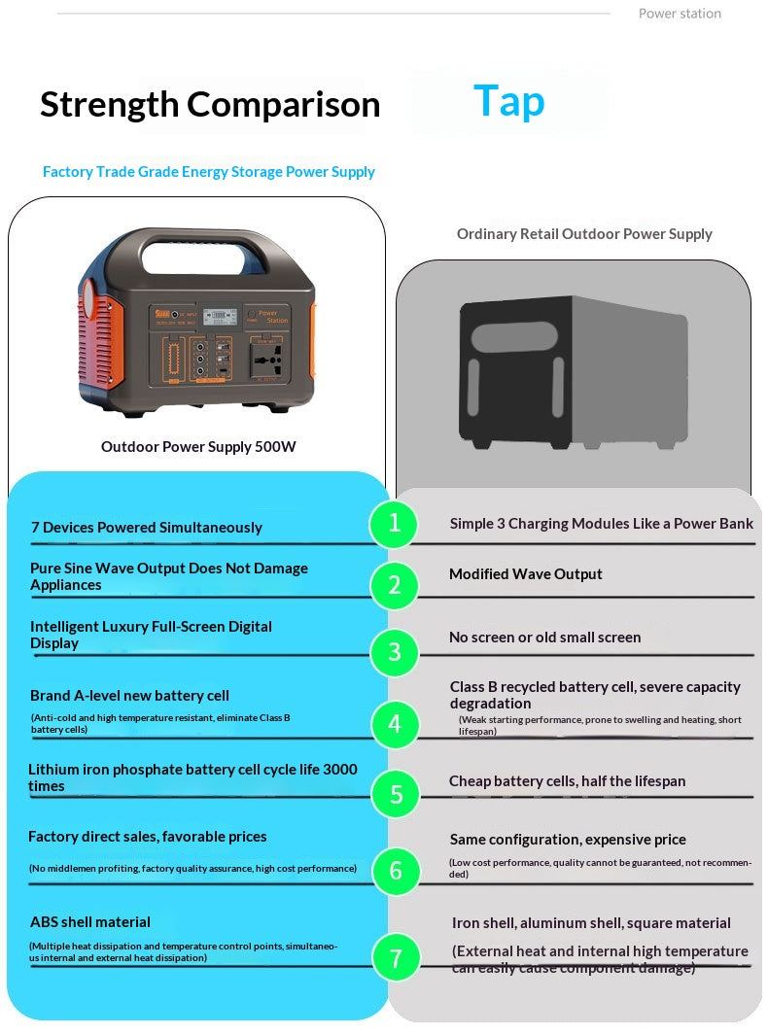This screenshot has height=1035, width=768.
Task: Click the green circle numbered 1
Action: coord(394,524)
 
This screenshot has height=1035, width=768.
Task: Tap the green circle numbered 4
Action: coord(394,724)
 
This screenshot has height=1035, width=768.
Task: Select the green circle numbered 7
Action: coord(396,958)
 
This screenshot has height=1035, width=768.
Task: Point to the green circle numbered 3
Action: coord(394,651)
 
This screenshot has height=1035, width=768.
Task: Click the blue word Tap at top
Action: coord(508,101)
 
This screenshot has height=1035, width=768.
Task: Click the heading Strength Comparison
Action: coord(210,104)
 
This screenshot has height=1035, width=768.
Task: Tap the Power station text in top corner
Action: coord(680,14)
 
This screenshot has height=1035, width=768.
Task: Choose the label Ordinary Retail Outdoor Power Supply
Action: coord(584,234)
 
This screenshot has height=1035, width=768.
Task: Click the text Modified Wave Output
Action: coord(525,574)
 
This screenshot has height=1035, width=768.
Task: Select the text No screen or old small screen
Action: coord(544,638)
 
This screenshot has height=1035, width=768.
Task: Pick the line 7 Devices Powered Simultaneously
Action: coord(146,528)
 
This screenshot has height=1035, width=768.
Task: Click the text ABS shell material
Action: coord(90,922)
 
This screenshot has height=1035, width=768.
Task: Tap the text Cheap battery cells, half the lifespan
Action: coord(568,781)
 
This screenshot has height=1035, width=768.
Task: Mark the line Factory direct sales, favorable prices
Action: coord(147,837)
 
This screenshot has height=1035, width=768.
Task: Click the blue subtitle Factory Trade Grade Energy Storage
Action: coord(208,172)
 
